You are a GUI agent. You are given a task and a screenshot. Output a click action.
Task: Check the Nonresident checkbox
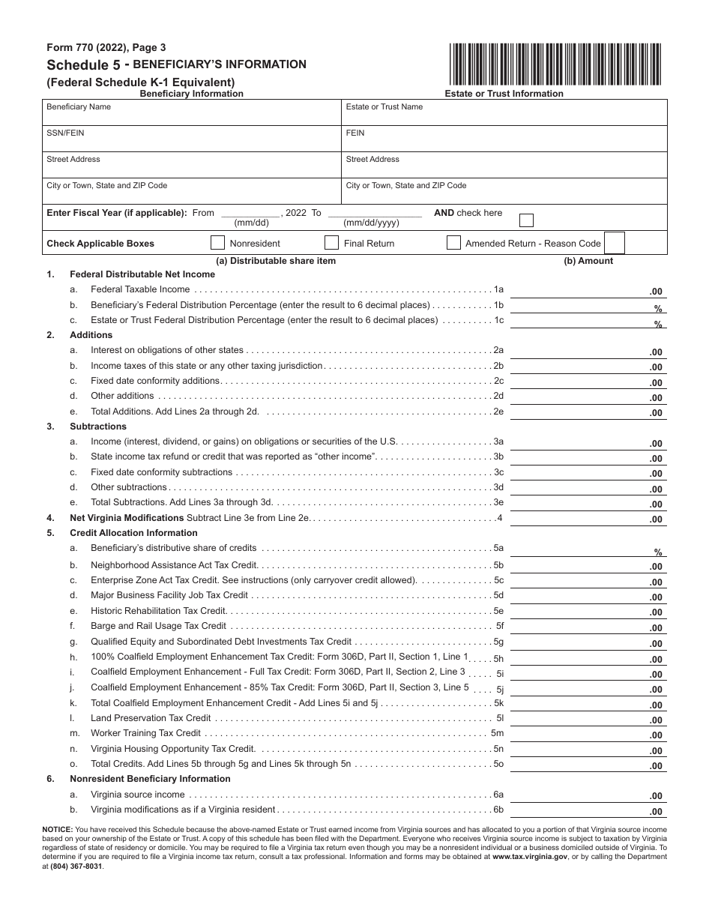[217, 243]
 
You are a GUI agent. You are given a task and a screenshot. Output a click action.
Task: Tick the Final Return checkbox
[331, 243]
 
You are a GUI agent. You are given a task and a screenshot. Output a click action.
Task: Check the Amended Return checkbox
[453, 243]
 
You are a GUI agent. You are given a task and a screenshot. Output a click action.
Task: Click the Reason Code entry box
[614, 243]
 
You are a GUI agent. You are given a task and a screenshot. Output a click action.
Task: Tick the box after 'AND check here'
[527, 220]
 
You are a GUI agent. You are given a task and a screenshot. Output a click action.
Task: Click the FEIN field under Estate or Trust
[504, 139]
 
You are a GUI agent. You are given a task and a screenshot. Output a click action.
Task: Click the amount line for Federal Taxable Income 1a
[588, 291]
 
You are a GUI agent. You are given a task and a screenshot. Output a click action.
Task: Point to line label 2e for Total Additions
[498, 412]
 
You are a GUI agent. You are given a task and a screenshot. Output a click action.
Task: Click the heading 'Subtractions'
[98, 427]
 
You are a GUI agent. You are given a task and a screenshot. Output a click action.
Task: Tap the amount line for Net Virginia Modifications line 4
[588, 519]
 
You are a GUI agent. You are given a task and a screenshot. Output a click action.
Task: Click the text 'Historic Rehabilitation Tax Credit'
[158, 611]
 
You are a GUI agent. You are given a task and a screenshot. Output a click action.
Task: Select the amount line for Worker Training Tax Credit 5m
[588, 735]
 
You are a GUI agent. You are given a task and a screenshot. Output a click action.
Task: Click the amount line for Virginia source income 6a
[588, 796]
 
